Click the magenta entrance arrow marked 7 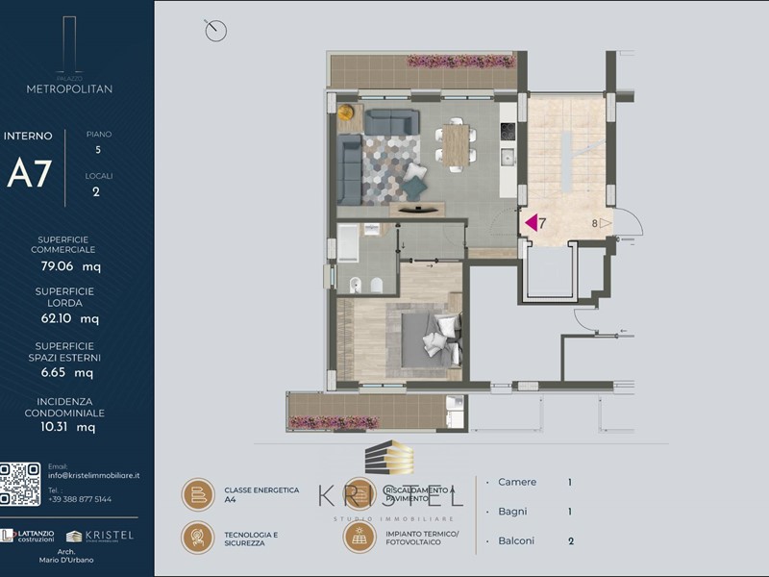530,222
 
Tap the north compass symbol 215,31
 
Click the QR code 20,485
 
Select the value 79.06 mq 77,265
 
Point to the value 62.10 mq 77,318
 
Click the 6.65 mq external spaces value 77,372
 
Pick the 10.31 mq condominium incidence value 77,426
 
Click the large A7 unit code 29,173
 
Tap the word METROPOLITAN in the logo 69,88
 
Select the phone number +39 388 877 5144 80,499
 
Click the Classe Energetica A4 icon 198,494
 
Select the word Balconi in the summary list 517,541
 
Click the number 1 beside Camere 570,482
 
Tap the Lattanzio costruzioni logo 29,536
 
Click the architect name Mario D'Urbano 77,561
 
